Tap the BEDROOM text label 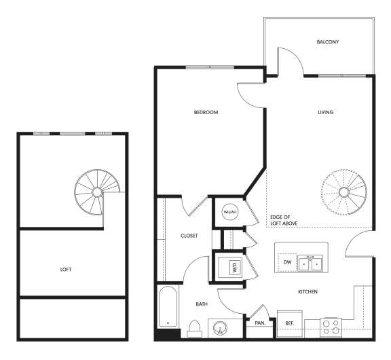tap(206, 112)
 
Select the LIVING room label tap(325, 112)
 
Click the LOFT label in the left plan tap(66, 269)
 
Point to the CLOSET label tap(189, 236)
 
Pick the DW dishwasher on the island tap(287, 262)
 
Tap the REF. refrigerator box tap(288, 323)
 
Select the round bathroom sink tap(219, 329)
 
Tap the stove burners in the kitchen tap(331, 328)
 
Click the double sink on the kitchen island tap(312, 262)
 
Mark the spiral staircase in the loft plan tap(97, 192)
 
